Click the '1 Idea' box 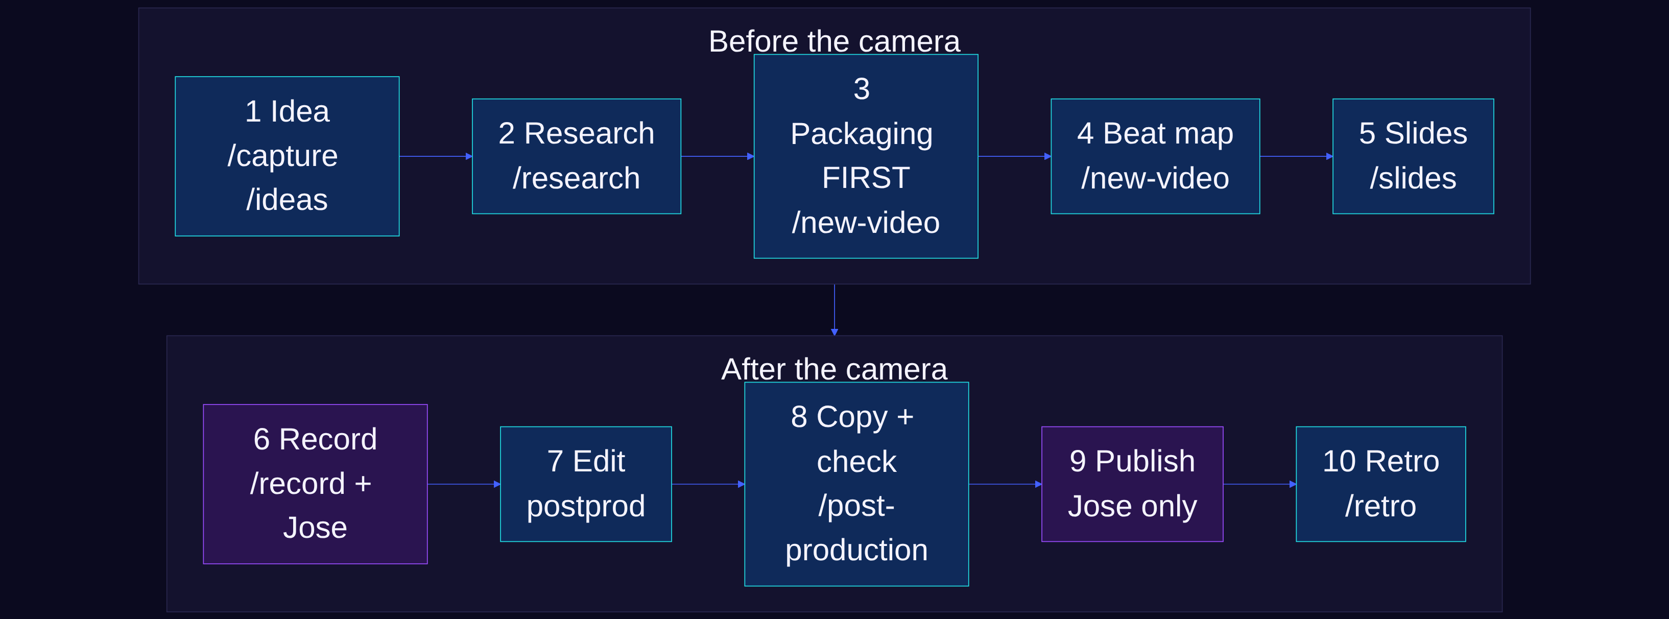(287, 156)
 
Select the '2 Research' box (577, 156)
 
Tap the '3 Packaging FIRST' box (866, 156)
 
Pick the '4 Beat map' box (1155, 156)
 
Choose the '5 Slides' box (1413, 156)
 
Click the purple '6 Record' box (315, 484)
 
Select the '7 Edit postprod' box (586, 484)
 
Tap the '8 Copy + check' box (856, 484)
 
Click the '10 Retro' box (1380, 484)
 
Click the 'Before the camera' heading (834, 41)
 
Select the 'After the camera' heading (834, 369)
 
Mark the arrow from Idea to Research (436, 156)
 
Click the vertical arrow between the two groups (834, 310)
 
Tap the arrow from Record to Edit (464, 484)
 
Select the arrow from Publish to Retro (1259, 484)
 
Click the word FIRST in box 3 (866, 178)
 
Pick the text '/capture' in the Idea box (282, 156)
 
